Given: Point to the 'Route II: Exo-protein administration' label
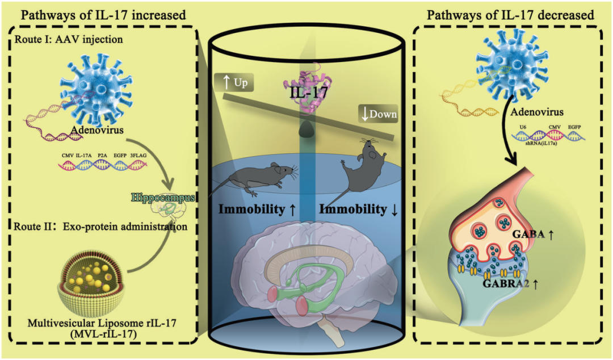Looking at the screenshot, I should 94,226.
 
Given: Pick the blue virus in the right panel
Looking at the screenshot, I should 500,63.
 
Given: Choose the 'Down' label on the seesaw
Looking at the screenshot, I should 379,114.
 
